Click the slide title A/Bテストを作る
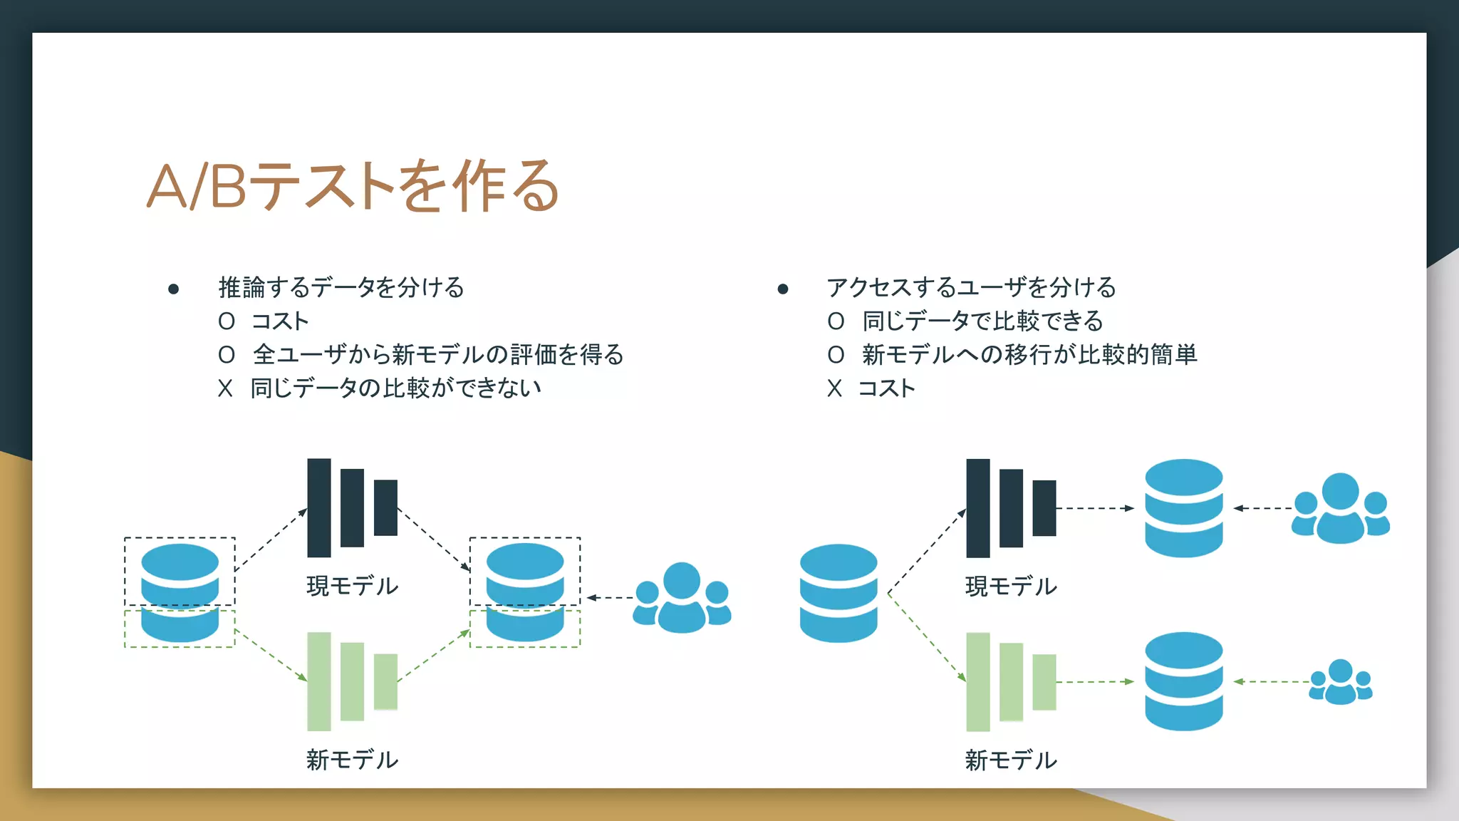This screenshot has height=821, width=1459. [x=353, y=187]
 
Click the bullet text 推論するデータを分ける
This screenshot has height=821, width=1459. [x=341, y=288]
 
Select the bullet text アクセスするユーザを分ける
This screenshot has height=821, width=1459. [x=971, y=288]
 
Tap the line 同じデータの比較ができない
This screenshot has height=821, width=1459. [x=395, y=388]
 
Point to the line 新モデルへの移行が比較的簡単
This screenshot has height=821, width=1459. [x=1029, y=355]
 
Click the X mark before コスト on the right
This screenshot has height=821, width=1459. [x=834, y=389]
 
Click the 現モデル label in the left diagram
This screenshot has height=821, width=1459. [x=352, y=586]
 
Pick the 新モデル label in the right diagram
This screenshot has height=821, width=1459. [x=1010, y=760]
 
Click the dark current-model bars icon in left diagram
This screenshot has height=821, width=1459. [x=352, y=507]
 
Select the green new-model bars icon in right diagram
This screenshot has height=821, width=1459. [x=1010, y=682]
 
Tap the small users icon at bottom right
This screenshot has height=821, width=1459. [x=1341, y=683]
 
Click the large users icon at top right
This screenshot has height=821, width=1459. [x=1340, y=509]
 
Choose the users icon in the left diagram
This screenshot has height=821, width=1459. [x=682, y=598]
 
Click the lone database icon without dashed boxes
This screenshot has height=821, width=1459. [x=838, y=593]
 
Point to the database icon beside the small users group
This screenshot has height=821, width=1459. [x=1183, y=681]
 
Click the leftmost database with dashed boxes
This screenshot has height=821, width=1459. [x=180, y=593]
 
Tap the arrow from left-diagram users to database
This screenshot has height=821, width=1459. [x=610, y=598]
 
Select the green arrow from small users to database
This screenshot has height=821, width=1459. [x=1271, y=682]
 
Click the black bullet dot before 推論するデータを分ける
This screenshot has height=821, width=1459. [x=173, y=289]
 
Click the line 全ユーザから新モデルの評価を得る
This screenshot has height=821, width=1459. [x=437, y=355]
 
